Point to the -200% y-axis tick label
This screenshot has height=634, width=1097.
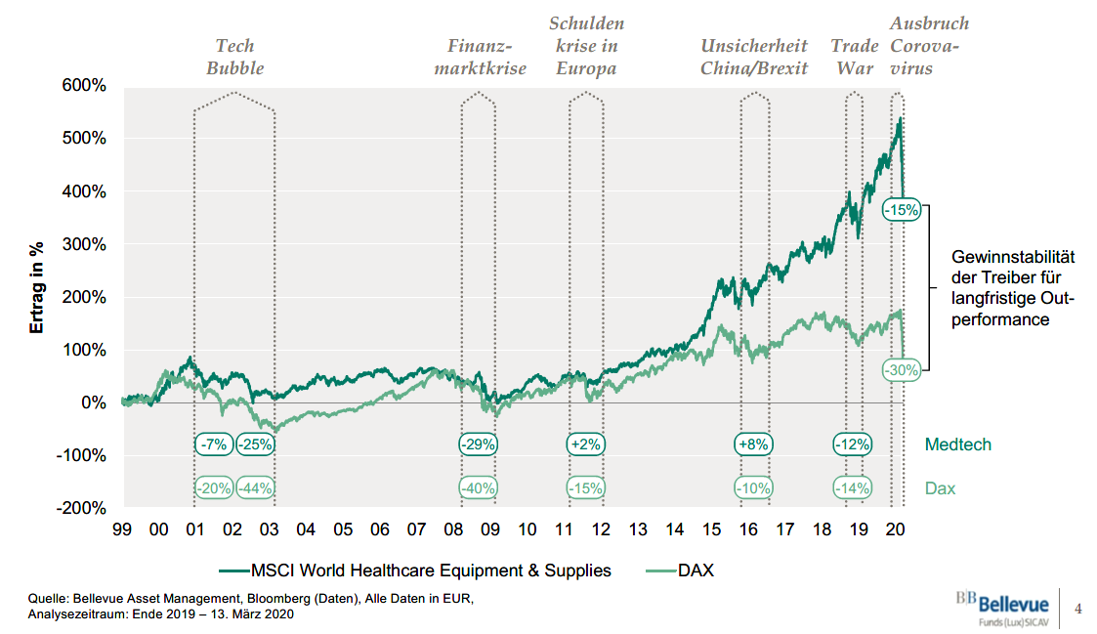81,509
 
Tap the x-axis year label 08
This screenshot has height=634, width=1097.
453,530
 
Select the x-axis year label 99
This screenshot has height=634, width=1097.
121,530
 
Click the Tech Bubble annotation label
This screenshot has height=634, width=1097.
234,57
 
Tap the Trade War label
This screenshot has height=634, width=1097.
853,57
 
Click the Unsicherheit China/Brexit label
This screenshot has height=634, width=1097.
754,57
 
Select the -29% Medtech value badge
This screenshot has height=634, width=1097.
479,444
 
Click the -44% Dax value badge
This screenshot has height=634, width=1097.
255,488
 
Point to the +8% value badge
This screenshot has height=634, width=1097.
754,444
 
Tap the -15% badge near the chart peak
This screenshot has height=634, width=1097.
900,209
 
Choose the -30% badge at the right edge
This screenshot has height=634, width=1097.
900,370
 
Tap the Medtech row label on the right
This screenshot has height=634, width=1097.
957,444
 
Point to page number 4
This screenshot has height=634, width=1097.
1078,610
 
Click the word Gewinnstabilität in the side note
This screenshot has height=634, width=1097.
1013,257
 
